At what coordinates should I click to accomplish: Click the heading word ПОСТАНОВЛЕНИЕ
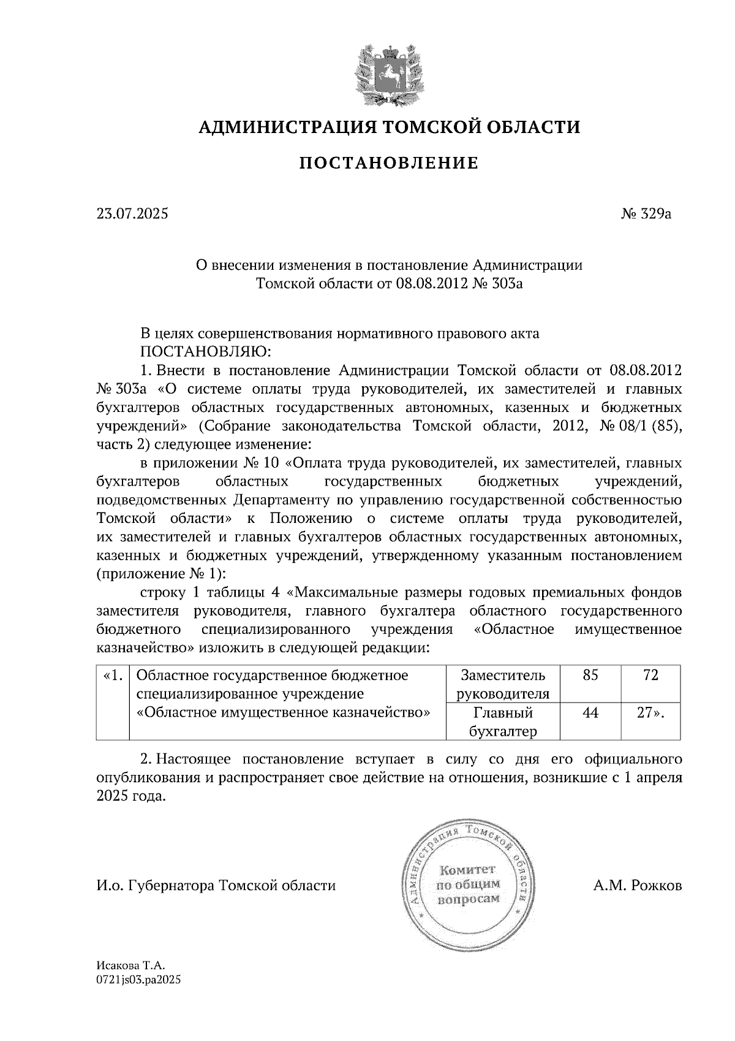[388, 163]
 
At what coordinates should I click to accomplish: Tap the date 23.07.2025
[132, 215]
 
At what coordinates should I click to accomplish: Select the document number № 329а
[647, 215]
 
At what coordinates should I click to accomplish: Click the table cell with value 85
[590, 676]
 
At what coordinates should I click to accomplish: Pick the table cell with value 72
[650, 676]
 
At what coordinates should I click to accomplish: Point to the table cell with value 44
[590, 712]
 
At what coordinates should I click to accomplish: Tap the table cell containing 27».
[650, 712]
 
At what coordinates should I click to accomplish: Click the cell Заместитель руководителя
[503, 684]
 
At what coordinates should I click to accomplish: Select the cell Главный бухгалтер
[503, 722]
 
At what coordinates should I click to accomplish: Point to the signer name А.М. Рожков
[637, 885]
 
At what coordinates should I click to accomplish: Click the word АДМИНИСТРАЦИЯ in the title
[286, 127]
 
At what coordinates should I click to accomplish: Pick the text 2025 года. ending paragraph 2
[131, 797]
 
